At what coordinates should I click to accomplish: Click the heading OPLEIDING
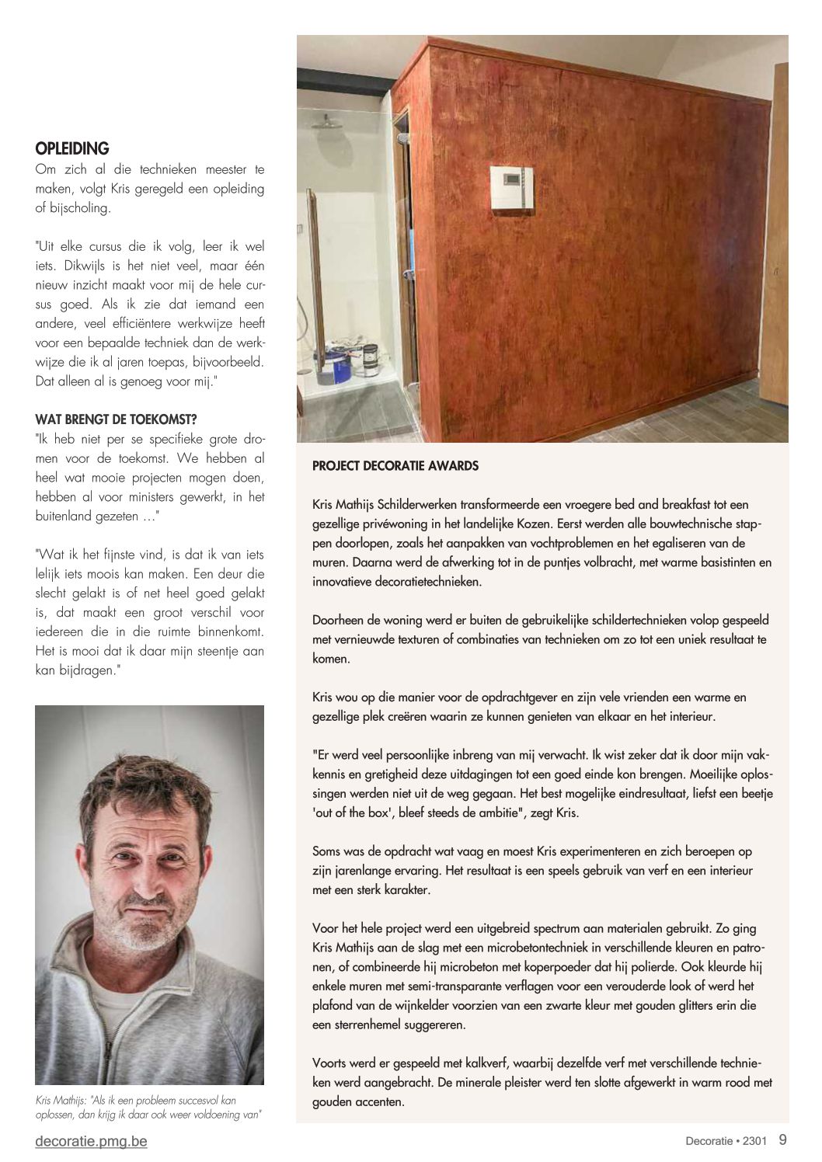(x=72, y=148)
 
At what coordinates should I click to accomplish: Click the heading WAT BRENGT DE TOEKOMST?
(x=116, y=419)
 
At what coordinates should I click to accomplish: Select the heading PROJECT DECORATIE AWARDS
(x=395, y=466)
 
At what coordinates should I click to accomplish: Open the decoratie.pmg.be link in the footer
(x=91, y=1141)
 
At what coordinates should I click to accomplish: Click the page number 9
(x=782, y=1140)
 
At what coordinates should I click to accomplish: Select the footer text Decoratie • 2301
(x=726, y=1141)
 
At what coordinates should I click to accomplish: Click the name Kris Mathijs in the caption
(x=62, y=1100)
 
